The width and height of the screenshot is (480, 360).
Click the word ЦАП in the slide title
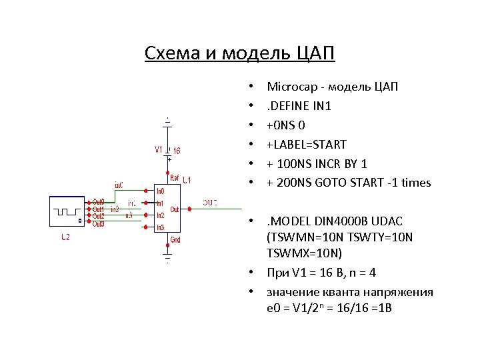point(317,53)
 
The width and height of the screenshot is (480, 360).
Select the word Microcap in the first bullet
point(291,87)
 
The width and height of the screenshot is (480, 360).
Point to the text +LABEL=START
point(307,144)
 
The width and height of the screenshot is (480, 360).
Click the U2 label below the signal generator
point(66,236)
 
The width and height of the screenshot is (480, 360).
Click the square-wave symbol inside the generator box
point(67,211)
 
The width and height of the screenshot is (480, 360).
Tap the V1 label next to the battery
point(158,149)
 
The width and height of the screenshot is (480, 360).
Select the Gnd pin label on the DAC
point(175,239)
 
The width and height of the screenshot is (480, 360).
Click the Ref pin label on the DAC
point(175,179)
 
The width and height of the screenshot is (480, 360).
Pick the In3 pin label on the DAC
point(160,228)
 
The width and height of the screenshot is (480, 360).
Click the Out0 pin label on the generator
point(98,201)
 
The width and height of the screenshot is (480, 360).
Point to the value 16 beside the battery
point(177,151)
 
